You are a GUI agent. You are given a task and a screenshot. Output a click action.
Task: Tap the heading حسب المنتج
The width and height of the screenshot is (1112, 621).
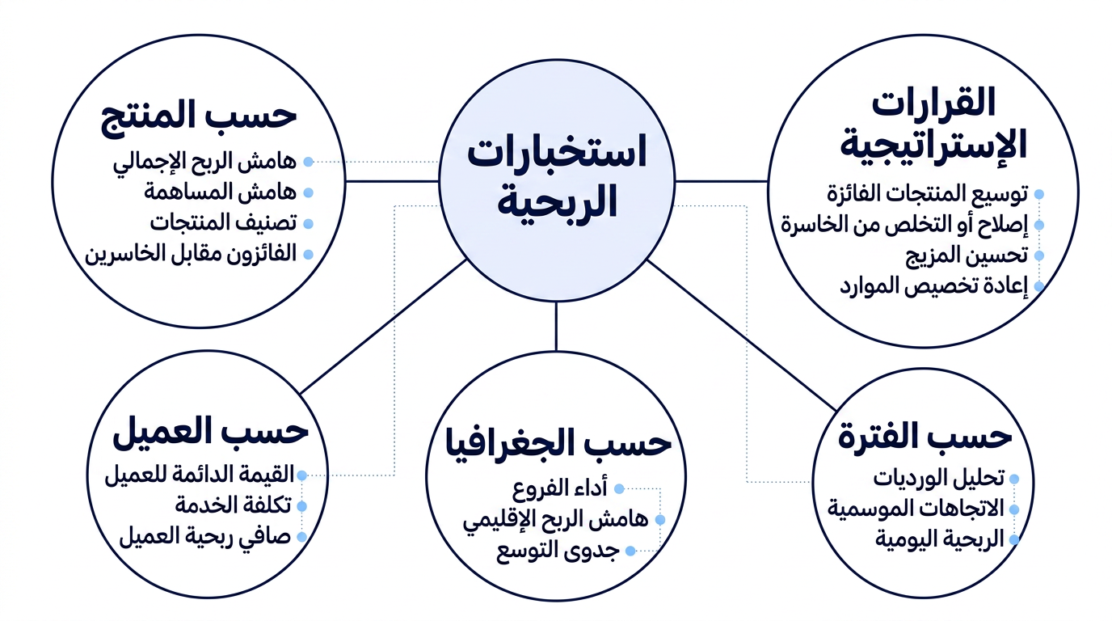[199, 116]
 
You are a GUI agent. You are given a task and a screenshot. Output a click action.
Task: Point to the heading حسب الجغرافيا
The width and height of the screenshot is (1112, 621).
[558, 442]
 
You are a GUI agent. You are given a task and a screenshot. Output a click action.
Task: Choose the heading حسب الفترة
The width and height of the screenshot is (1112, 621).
[925, 436]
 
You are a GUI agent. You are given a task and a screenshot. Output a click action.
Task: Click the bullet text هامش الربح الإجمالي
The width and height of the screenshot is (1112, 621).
[204, 163]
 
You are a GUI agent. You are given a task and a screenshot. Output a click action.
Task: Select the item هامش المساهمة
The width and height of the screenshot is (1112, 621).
[221, 192]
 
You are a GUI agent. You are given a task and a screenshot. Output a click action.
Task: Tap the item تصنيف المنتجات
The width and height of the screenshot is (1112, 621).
[223, 223]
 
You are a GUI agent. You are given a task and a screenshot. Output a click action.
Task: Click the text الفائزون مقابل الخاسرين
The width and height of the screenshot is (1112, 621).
[191, 254]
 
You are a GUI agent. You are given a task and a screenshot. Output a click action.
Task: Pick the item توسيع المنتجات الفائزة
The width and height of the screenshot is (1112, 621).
[927, 194]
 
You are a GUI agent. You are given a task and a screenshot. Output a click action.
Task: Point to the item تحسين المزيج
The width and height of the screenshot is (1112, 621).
[967, 256]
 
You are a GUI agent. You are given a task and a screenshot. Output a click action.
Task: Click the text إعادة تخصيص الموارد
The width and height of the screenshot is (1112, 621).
[933, 287]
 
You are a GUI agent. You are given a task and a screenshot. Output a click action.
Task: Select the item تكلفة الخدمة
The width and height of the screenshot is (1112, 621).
[234, 505]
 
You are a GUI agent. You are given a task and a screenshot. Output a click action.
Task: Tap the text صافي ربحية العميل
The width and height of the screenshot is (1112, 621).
[205, 537]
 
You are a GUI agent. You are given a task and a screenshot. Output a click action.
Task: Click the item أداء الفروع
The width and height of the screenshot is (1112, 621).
[560, 489]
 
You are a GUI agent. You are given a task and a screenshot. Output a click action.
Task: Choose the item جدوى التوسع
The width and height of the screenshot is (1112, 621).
[558, 551]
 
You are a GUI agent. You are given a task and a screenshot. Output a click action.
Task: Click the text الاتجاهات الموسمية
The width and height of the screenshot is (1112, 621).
[916, 509]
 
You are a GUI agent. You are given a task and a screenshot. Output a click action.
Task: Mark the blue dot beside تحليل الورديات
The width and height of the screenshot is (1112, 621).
[1014, 479]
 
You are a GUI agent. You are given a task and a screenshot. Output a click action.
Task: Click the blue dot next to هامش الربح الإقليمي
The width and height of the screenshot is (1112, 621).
[659, 520]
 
